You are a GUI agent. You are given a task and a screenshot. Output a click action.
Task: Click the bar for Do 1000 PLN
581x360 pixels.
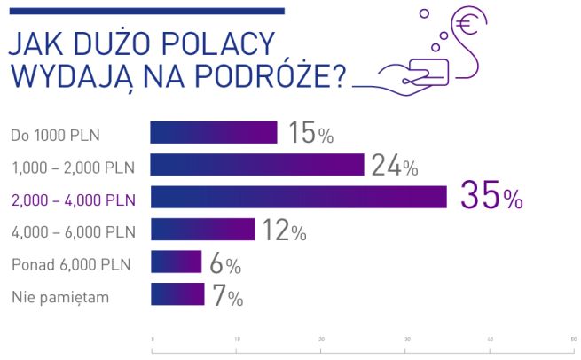[214, 132]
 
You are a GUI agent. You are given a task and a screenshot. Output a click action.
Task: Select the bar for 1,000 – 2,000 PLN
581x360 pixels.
[257, 165]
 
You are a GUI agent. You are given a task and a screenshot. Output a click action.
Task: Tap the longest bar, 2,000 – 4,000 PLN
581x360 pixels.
[299, 197]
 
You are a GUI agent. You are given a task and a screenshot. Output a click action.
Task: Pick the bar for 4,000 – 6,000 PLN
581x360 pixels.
[203, 230]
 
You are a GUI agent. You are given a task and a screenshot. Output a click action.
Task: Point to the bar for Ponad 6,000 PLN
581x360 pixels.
[177, 262]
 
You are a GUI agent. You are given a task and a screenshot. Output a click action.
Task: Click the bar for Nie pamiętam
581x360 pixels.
[178, 294]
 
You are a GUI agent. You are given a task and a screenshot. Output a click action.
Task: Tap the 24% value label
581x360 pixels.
[394, 166]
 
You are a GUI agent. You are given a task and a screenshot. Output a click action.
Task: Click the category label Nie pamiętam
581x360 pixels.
[59, 297]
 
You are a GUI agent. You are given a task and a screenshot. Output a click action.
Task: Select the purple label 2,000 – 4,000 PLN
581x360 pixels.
[74, 200]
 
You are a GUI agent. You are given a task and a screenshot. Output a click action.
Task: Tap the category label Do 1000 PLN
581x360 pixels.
[56, 135]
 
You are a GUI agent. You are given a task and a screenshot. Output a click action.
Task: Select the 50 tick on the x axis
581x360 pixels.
[574, 340]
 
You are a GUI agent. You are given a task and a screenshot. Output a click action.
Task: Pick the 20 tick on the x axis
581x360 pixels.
[321, 340]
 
